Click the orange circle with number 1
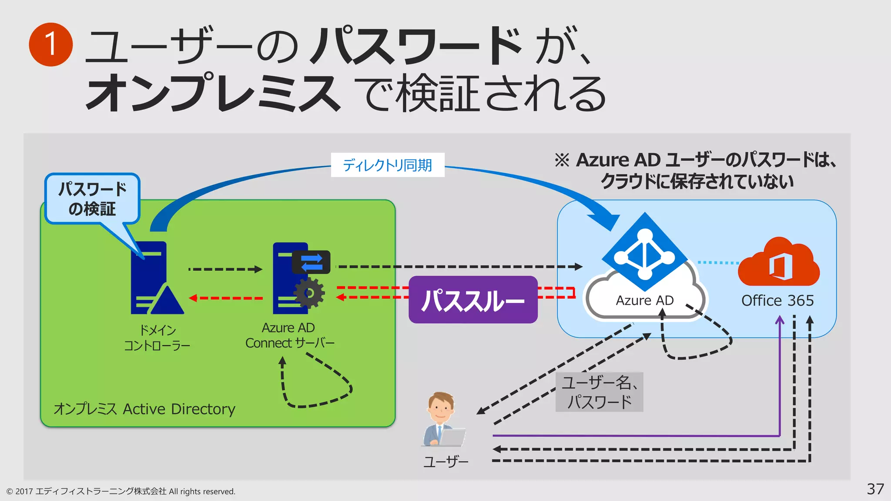[x=50, y=44]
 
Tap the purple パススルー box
[x=473, y=300]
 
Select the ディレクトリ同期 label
[x=387, y=165]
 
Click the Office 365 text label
[x=777, y=301]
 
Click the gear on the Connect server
[x=309, y=294]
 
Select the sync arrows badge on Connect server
[x=311, y=262]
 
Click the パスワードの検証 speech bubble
[x=92, y=199]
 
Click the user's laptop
[x=452, y=437]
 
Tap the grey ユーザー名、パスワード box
[x=599, y=392]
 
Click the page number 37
[x=875, y=489]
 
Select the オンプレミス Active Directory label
[x=144, y=409]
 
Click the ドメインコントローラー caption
[x=157, y=338]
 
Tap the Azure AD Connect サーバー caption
[x=289, y=335]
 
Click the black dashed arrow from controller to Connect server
[x=225, y=269]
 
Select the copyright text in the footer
[x=121, y=491]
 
